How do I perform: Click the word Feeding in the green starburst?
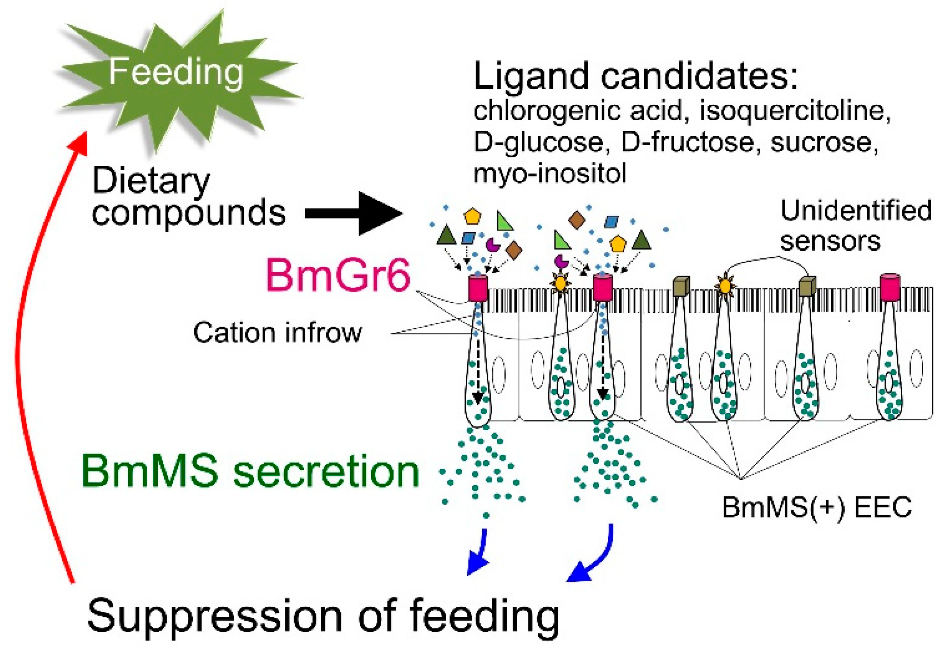pos(176,73)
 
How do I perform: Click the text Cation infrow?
pos(277,333)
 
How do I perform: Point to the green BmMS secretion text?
pos(250,472)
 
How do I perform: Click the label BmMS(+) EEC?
pos(817,508)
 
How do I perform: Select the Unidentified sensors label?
pos(856,226)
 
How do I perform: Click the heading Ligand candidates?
pos(635,76)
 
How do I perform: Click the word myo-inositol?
pos(549,173)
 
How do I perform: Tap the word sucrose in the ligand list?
pos(823,143)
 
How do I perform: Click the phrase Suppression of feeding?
pos(322,616)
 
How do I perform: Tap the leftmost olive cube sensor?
pos(681,286)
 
